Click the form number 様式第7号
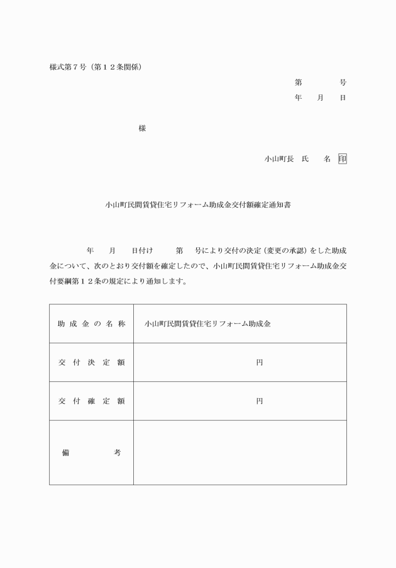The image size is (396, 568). point(67,66)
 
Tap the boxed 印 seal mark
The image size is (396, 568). point(342,159)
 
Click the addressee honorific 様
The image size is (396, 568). point(142,128)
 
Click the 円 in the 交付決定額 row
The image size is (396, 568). point(259,362)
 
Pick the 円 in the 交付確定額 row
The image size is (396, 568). point(259,401)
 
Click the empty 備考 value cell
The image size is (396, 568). point(239,452)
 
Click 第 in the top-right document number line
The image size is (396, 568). point(298,82)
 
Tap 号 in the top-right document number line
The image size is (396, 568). point(343,82)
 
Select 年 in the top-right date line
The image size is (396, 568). point(298,98)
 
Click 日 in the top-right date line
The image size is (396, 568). point(343,98)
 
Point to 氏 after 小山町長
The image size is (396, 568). point(305,159)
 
